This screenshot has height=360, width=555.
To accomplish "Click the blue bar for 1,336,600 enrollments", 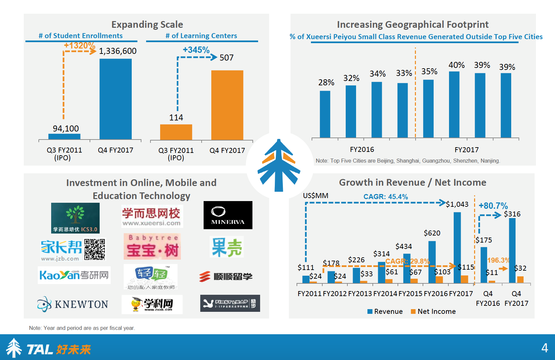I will (115, 99).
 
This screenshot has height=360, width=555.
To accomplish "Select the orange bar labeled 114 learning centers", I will (176, 132).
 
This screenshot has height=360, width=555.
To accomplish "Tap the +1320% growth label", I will (80, 46).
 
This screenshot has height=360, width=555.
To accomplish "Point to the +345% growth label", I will (196, 50).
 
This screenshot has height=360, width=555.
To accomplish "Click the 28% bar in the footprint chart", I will (325, 114).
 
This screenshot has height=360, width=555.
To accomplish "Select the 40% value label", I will (456, 65).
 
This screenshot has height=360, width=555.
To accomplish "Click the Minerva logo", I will (228, 215).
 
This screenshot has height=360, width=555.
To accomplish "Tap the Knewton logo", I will (73, 304).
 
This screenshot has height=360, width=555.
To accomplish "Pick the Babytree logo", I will (152, 247).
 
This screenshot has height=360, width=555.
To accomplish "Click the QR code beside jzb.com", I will (95, 249).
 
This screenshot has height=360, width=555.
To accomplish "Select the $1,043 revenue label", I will (457, 204).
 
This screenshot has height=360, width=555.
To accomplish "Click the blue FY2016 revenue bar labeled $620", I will (432, 262).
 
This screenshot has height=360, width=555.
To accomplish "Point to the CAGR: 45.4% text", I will (385, 197).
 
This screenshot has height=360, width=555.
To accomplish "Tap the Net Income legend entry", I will (433, 311).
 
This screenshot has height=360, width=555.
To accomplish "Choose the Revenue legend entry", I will (385, 311).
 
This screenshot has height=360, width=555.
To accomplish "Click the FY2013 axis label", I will (360, 294).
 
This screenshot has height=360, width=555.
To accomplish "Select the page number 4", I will (545, 348).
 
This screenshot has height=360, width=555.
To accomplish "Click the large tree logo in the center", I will (279, 166).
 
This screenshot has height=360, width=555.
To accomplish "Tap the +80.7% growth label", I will (493, 206).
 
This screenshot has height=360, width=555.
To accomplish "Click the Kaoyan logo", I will (74, 275).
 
